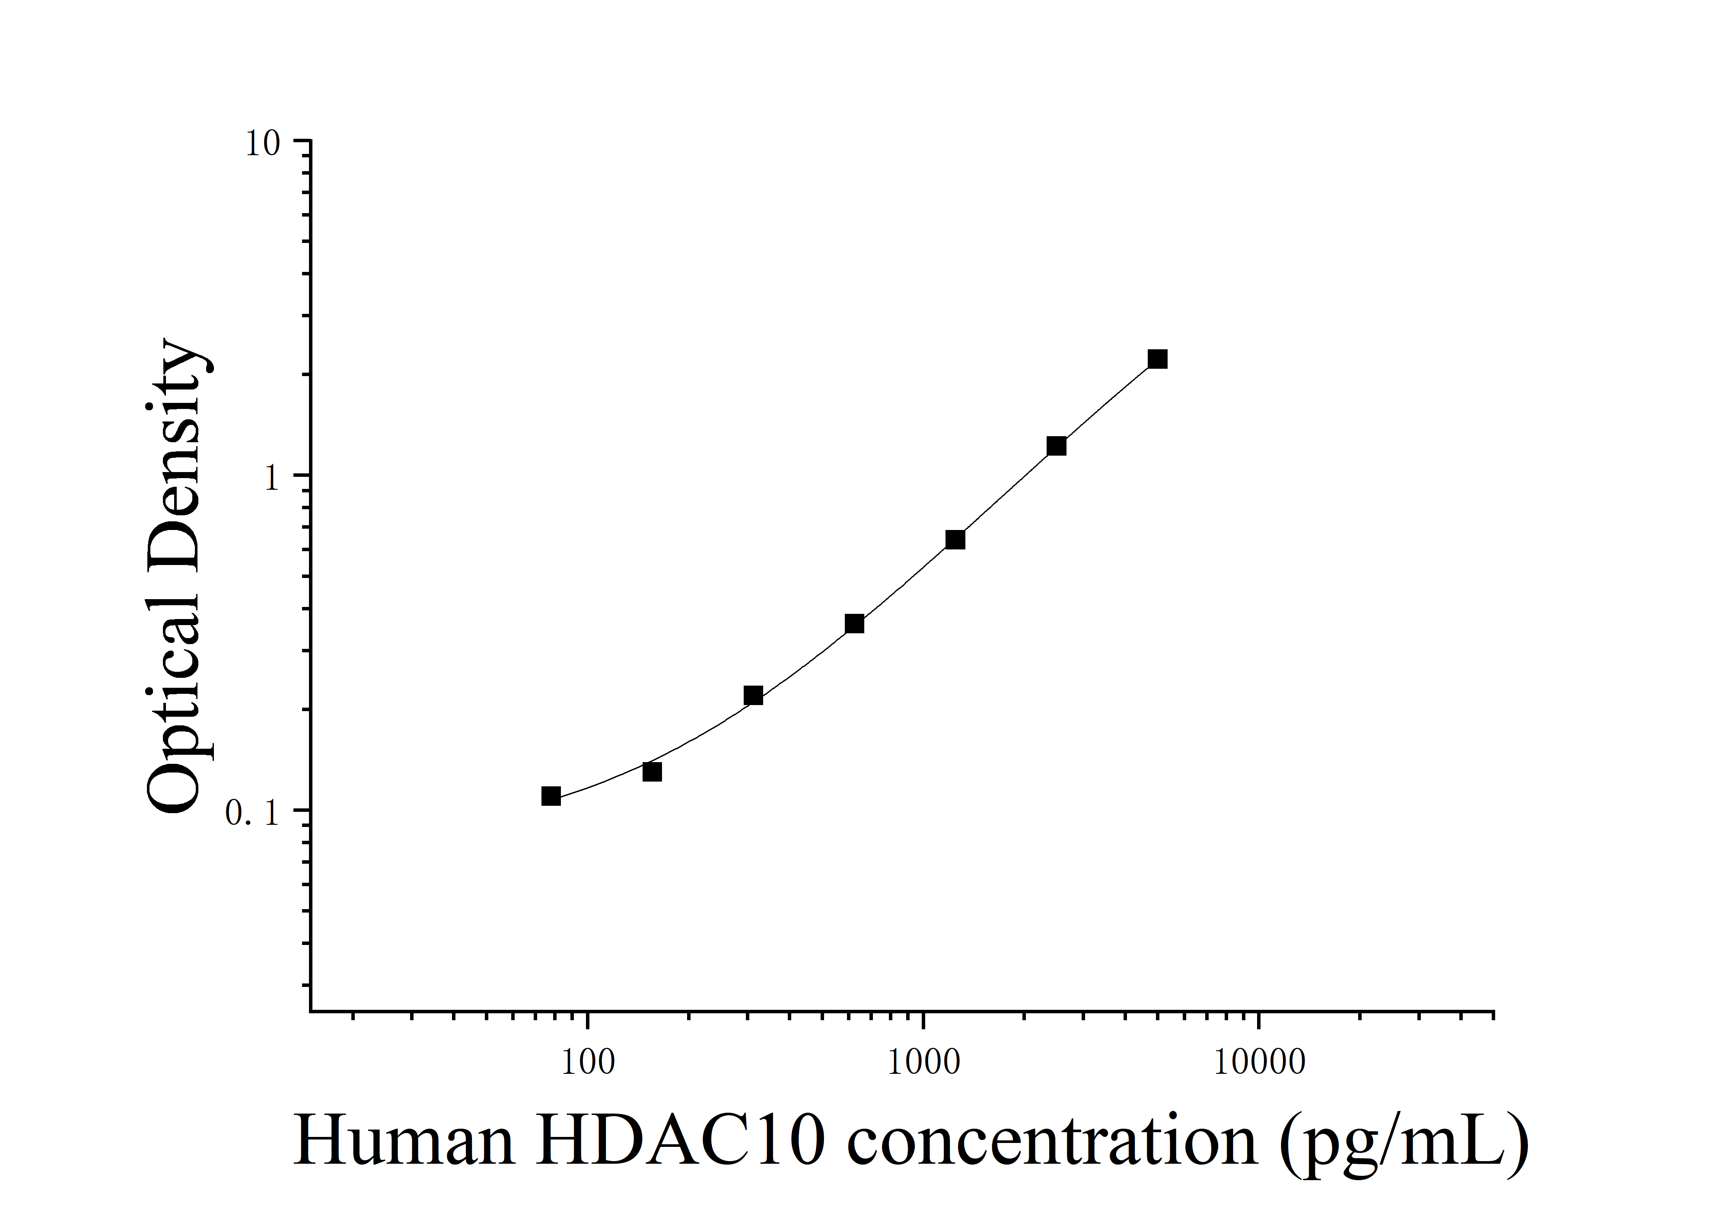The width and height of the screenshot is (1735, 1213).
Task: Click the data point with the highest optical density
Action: [1157, 359]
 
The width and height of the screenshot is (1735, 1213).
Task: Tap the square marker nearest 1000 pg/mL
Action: [955, 539]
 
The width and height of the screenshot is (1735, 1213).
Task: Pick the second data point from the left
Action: [652, 772]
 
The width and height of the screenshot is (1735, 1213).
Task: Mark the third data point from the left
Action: [753, 695]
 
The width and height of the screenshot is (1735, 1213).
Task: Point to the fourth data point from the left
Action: [855, 623]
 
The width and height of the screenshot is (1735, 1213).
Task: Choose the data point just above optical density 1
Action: [1057, 446]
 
